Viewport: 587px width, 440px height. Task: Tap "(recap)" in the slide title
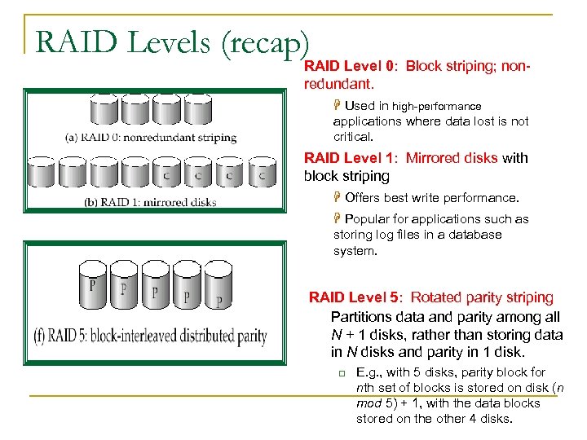[x=264, y=43]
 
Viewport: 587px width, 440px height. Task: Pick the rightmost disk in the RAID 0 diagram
[x=197, y=111]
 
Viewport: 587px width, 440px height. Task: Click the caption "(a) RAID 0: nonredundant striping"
[x=151, y=137]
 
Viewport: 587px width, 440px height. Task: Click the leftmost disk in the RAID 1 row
[x=41, y=172]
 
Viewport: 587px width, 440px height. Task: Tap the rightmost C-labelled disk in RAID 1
[x=262, y=172]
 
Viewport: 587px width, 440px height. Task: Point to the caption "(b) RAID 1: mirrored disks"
[x=151, y=201]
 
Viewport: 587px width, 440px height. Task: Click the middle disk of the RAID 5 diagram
[x=156, y=288]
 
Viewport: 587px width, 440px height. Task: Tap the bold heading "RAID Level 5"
[x=355, y=297]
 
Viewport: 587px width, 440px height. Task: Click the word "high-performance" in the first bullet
[x=437, y=106]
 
